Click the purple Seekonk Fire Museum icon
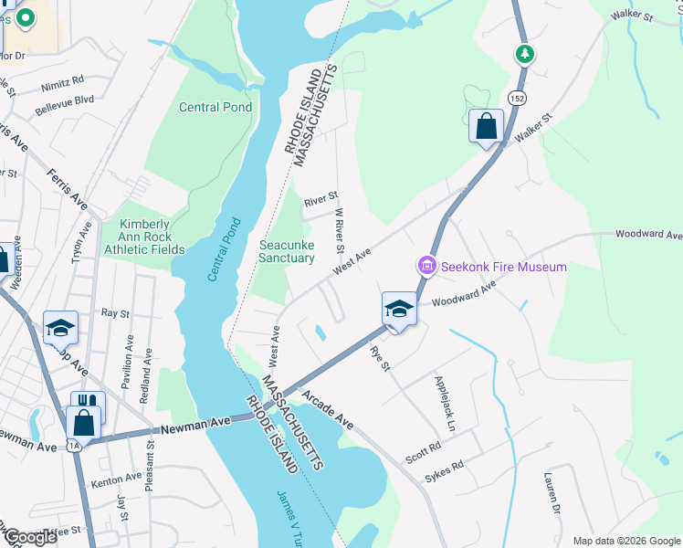pos(426,267)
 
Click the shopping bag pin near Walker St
pos(486,126)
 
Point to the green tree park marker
pos(525,54)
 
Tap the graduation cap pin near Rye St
pos(398,311)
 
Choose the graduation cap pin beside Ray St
pos(60,327)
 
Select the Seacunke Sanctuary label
pos(287,251)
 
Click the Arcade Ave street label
pos(327,409)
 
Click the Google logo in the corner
pos(29,536)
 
